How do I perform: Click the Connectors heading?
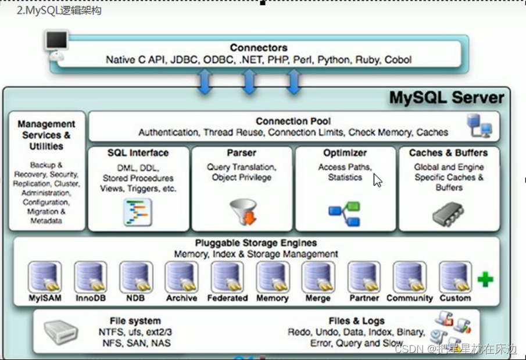259,48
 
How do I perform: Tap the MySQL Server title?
446,97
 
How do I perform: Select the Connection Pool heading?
293,121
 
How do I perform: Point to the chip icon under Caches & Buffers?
448,214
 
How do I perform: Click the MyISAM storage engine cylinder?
45,276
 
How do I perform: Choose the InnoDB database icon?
90,276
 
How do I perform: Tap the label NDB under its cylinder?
135,298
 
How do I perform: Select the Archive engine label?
181,298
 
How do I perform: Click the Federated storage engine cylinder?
227,276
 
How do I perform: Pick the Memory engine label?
273,298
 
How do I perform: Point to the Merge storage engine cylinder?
319,276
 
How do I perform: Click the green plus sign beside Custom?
485,280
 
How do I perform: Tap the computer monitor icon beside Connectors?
56,44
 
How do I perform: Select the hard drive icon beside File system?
61,332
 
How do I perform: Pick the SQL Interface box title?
138,153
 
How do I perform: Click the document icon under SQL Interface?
138,212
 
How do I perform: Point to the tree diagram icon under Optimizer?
344,213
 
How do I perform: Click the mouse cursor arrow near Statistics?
377,180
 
